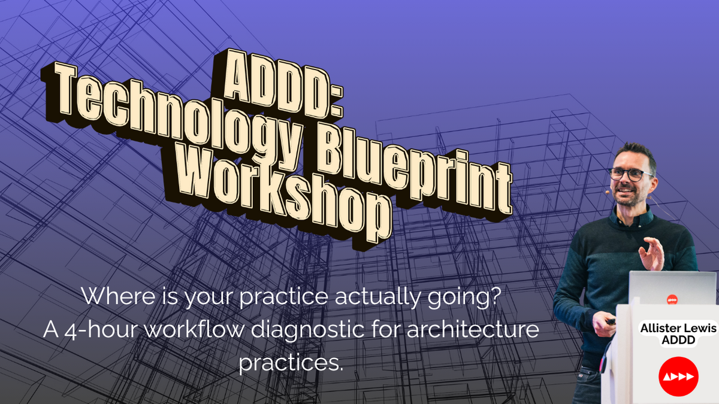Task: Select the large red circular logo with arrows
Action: [678, 376]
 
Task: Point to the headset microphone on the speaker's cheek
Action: [607, 192]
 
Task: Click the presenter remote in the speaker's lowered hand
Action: [610, 321]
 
